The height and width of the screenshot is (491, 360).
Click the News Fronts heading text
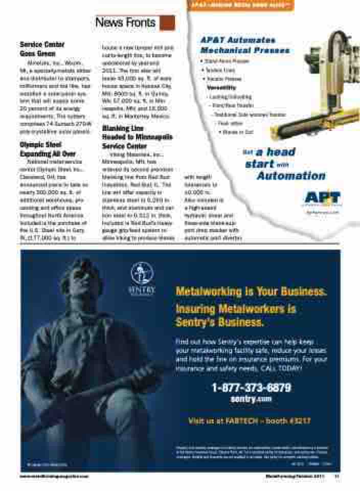pyautogui.click(x=125, y=23)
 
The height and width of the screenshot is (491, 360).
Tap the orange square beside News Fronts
pyautogui.click(x=167, y=23)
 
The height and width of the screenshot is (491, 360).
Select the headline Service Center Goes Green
pyautogui.click(x=42, y=49)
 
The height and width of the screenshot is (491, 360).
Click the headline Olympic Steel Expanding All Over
pyautogui.click(x=48, y=149)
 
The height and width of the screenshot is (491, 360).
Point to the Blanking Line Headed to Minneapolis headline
pyautogui.click(x=138, y=137)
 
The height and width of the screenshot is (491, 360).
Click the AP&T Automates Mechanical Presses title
pyautogui.click(x=244, y=46)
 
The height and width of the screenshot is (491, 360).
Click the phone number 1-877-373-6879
pyautogui.click(x=251, y=388)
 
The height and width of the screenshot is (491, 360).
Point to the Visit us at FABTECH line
pyautogui.click(x=250, y=421)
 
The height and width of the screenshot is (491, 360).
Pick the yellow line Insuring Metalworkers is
pyautogui.click(x=236, y=309)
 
